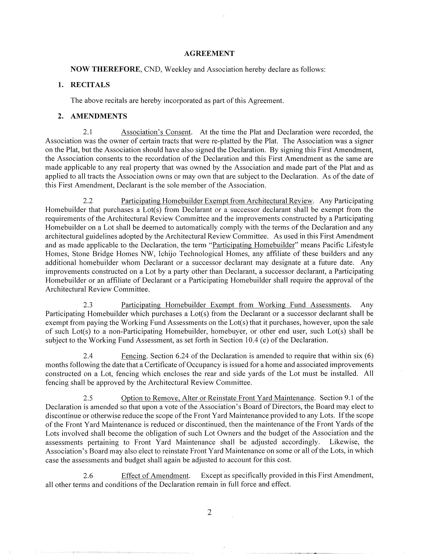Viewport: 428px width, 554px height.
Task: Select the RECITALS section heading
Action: pos(90,85)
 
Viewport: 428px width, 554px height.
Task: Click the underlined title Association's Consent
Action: pos(156,132)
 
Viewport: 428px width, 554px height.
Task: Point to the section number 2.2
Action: pos(88,201)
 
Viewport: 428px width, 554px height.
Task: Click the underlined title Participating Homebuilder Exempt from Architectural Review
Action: pos(217,201)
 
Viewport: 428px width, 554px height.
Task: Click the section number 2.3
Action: pos(88,305)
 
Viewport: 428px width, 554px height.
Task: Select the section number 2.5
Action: pos(88,398)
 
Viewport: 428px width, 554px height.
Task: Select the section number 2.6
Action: pos(88,475)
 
